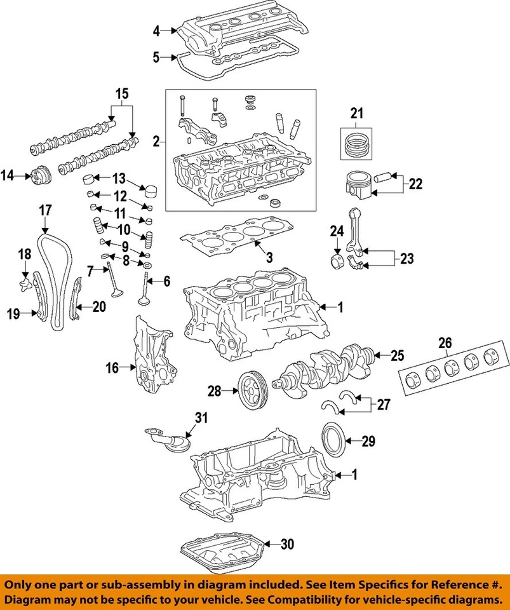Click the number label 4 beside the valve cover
(x=156, y=30)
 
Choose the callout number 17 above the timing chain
(x=45, y=210)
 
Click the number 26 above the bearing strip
(x=444, y=344)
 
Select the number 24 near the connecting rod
(x=336, y=233)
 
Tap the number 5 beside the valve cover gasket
(x=156, y=58)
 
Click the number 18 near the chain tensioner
(x=23, y=254)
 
